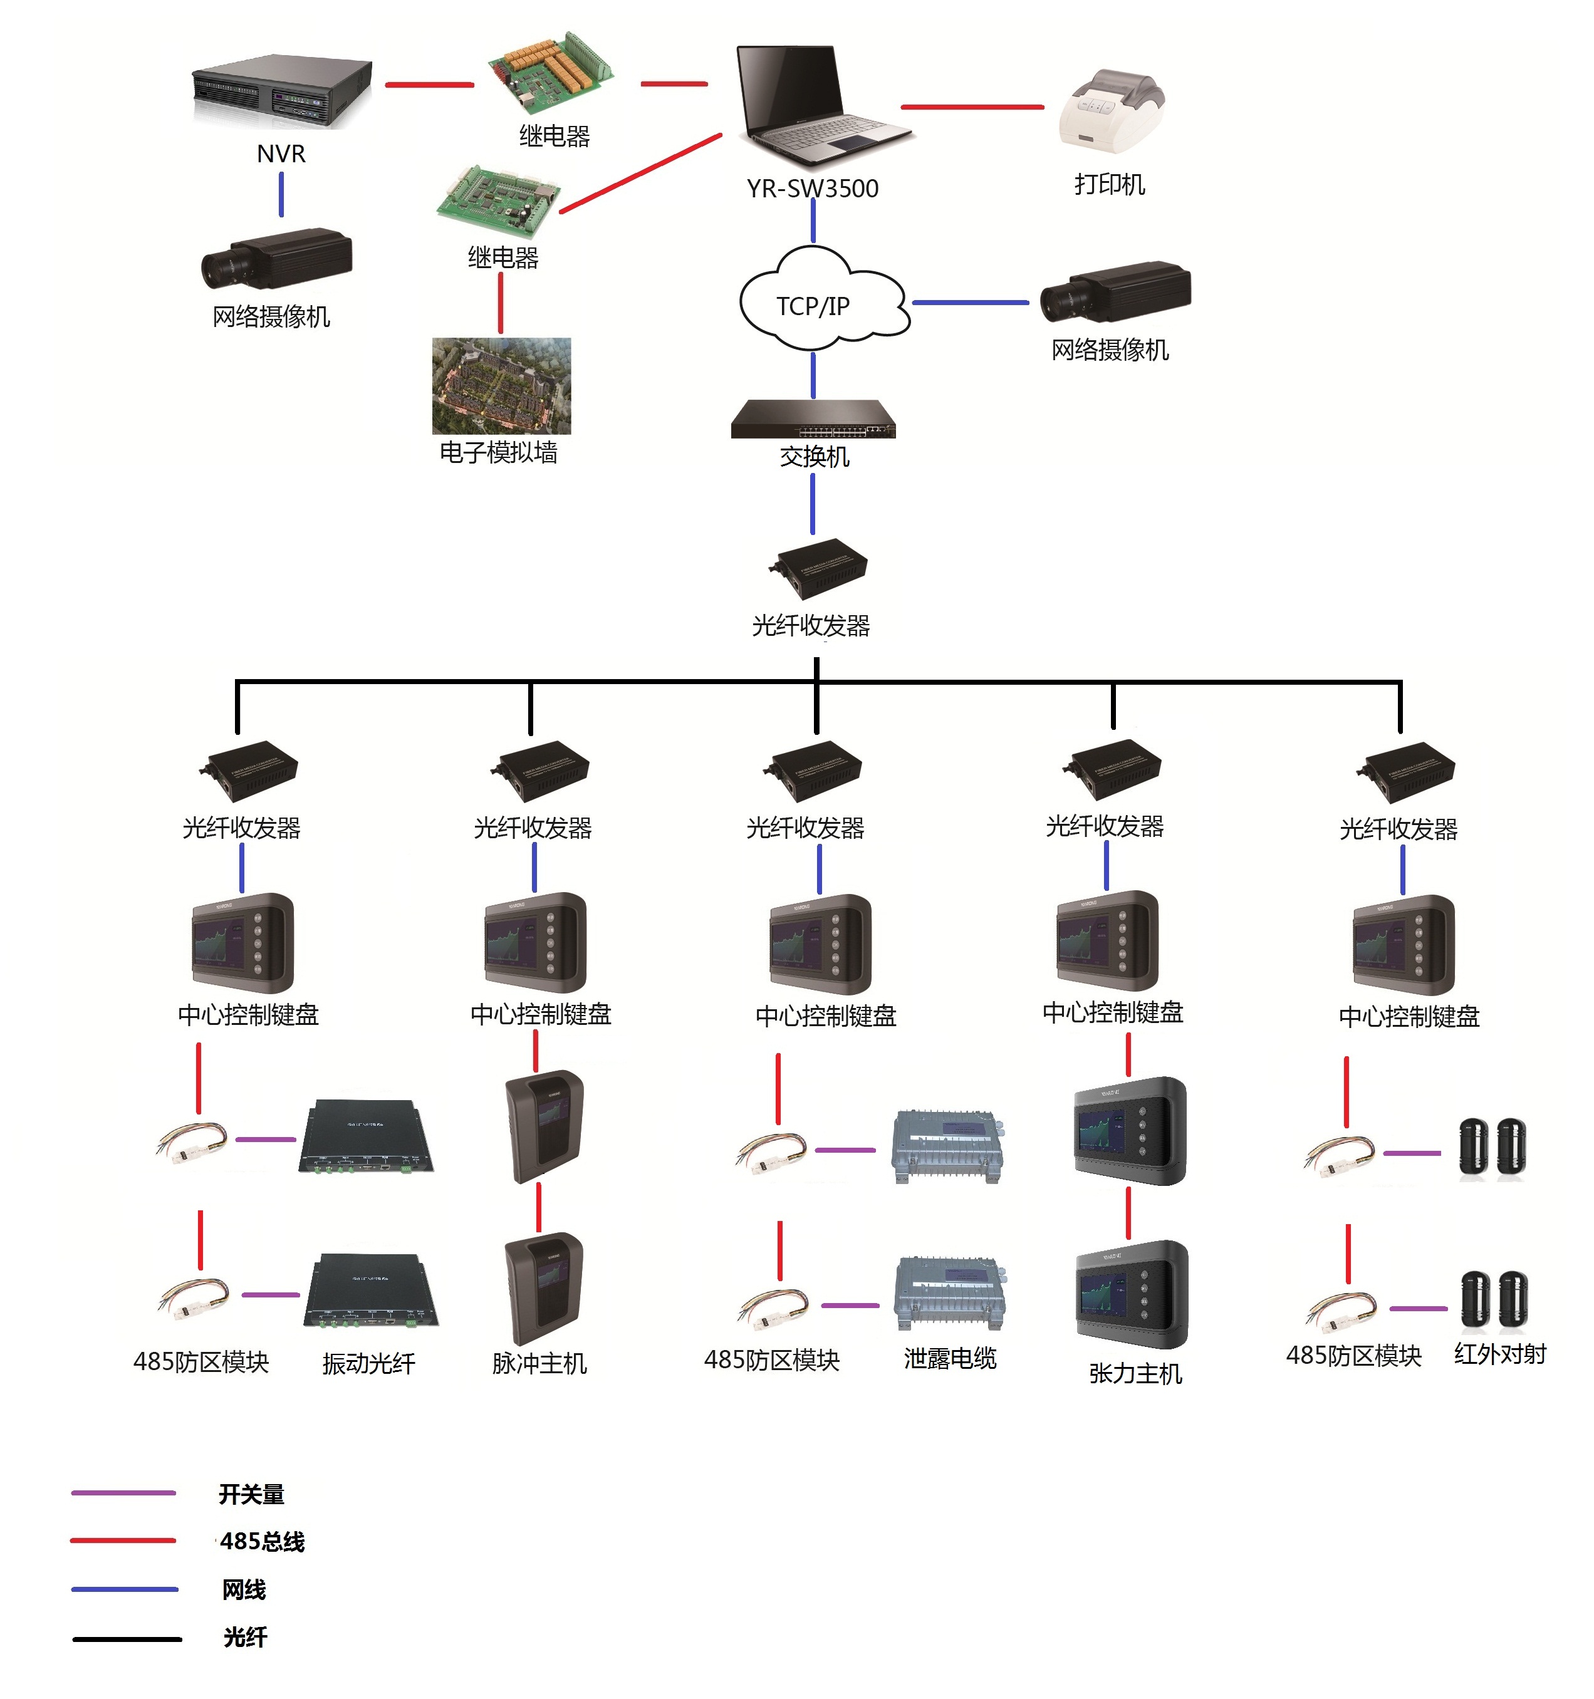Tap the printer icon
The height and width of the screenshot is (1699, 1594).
click(x=1111, y=111)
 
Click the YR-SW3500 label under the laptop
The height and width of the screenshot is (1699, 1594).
click(x=812, y=189)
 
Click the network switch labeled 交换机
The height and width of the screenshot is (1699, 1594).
click(x=813, y=418)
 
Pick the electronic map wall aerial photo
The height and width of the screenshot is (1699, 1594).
click(x=502, y=385)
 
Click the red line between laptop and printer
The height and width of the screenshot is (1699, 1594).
click(x=972, y=107)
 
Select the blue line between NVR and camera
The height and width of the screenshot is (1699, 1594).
click(x=281, y=195)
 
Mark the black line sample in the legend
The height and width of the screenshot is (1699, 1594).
click(x=127, y=1638)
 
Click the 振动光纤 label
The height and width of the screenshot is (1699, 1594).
click(x=368, y=1363)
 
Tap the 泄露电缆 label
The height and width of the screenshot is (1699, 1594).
click(x=949, y=1358)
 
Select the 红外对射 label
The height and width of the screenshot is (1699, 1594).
click(x=1500, y=1354)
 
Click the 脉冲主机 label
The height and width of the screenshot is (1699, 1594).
click(x=539, y=1363)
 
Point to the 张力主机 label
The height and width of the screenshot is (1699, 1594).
click(x=1135, y=1373)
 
